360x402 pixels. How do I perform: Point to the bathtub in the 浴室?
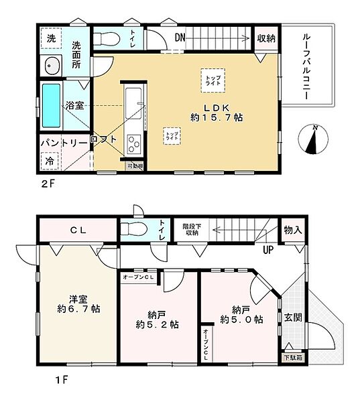click(x=52, y=107)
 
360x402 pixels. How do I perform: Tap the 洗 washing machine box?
click(x=51, y=39)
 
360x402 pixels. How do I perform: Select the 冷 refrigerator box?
click(x=50, y=161)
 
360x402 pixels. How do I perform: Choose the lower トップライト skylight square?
click(x=172, y=135)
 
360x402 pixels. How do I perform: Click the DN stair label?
click(x=180, y=38)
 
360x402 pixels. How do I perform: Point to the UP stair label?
click(x=267, y=251)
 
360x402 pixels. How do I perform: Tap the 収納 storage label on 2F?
click(x=266, y=38)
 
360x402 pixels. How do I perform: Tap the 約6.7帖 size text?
click(x=78, y=310)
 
